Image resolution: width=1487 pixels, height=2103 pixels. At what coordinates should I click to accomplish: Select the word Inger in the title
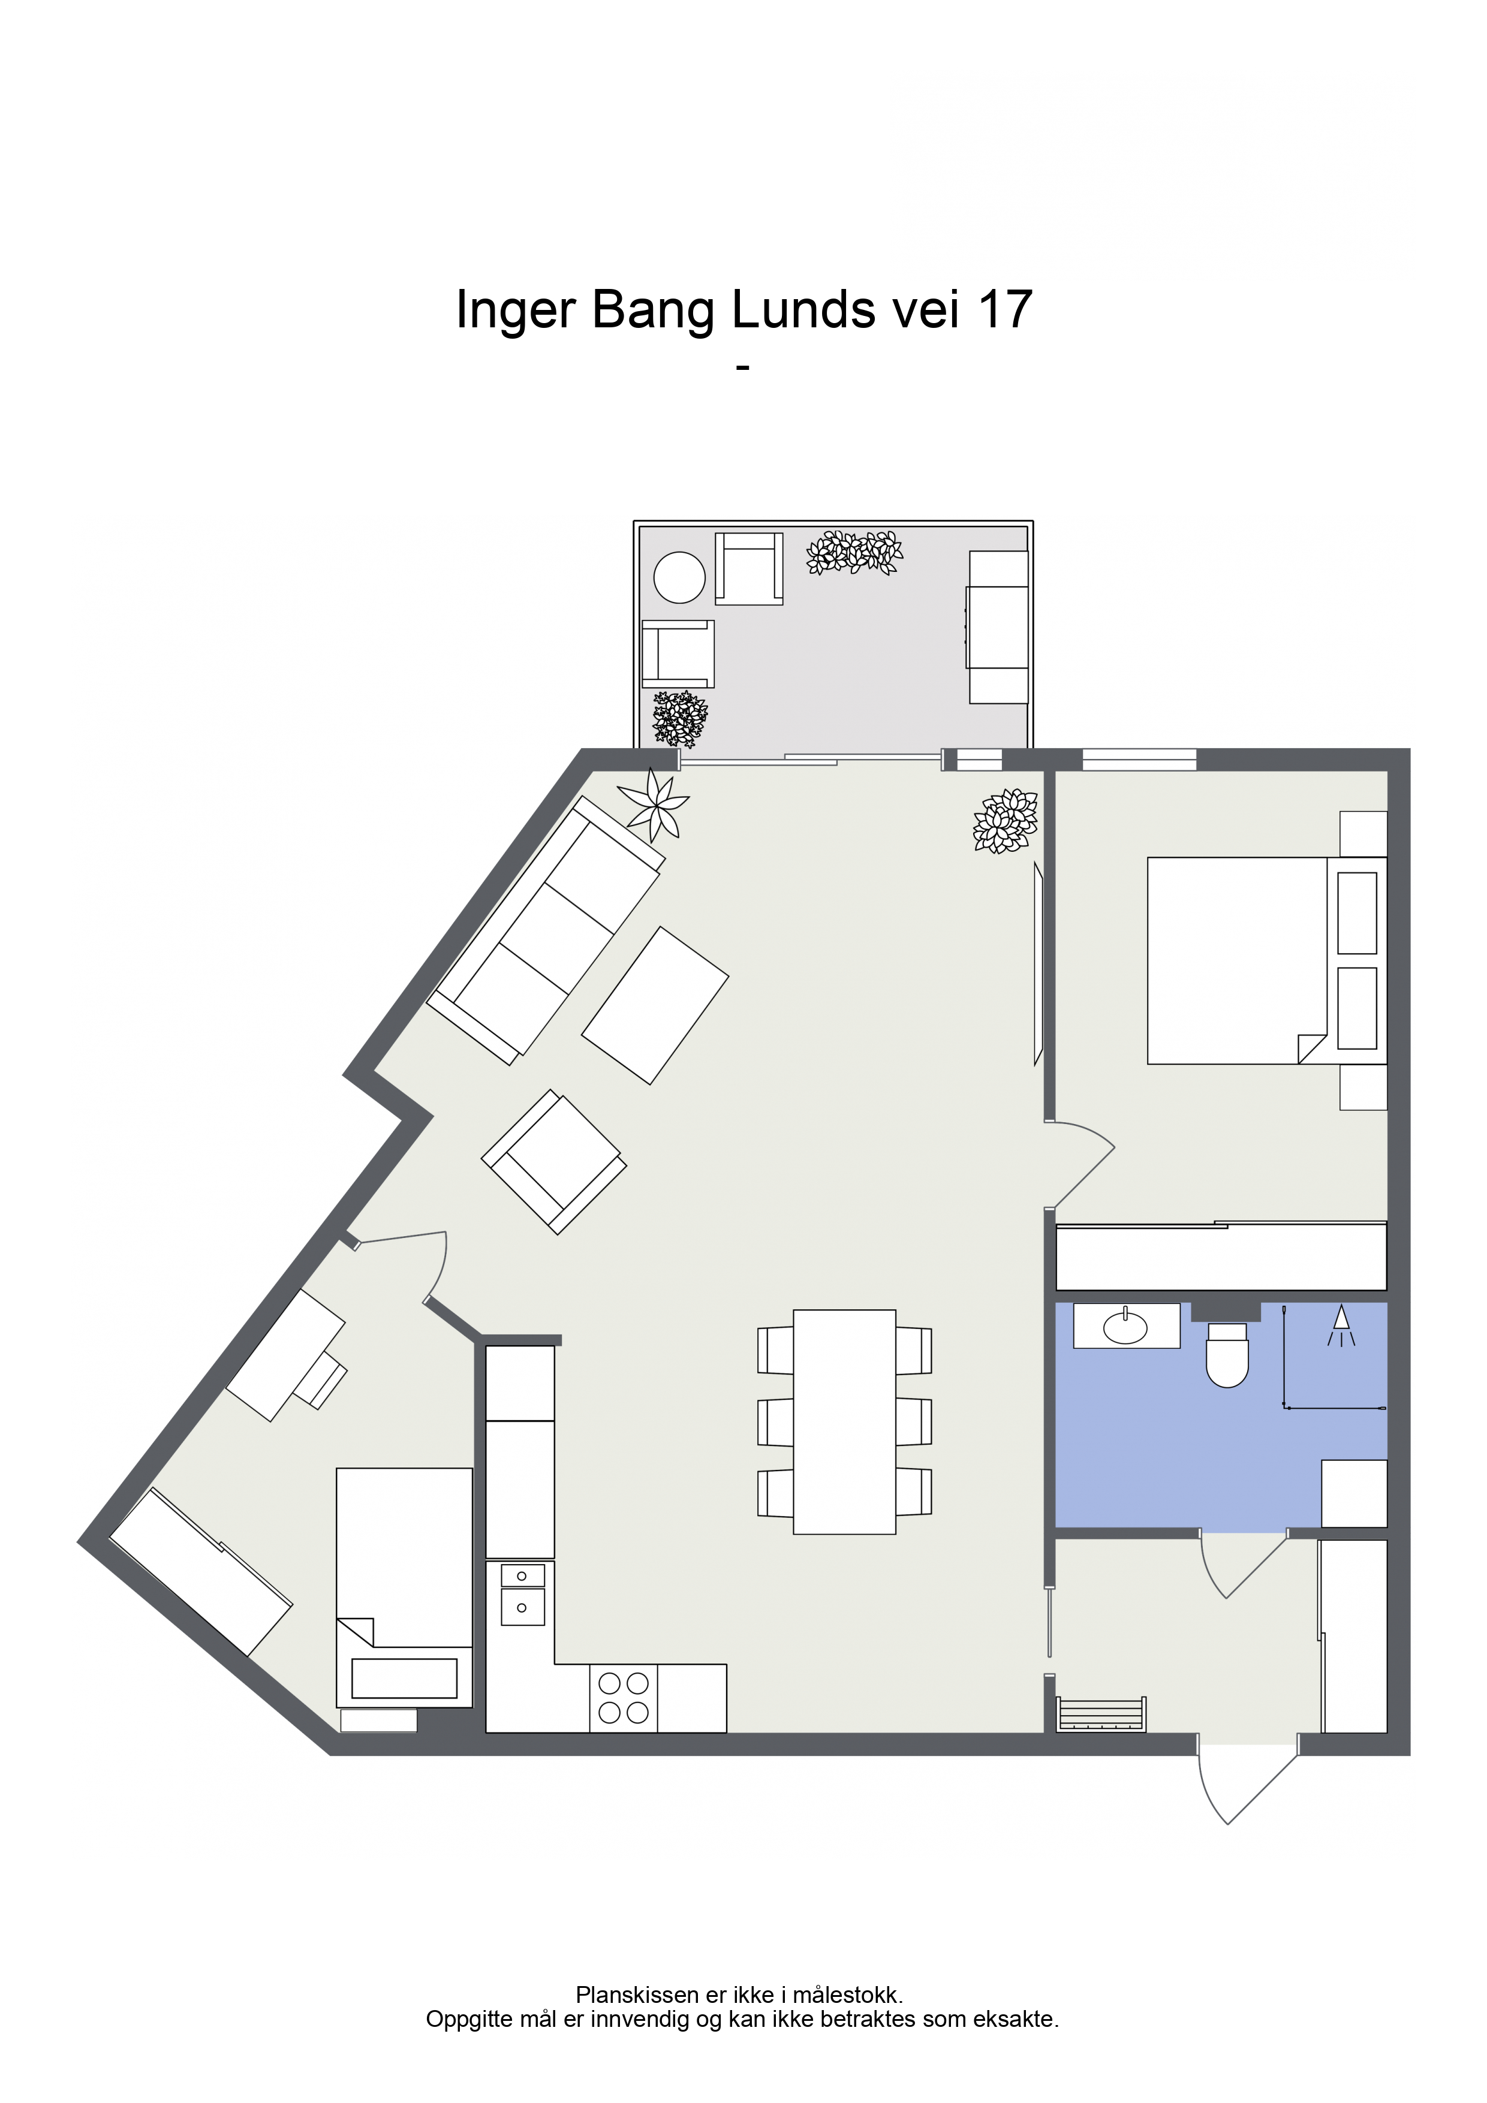tap(514, 311)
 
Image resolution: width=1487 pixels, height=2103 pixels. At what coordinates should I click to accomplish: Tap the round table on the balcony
tap(679, 577)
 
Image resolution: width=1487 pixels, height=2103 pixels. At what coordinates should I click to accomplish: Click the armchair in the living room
tap(554, 1161)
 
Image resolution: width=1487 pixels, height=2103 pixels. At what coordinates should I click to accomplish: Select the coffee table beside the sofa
tap(655, 1006)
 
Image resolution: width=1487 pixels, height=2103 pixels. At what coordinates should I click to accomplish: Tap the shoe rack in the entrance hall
tap(1101, 1714)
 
